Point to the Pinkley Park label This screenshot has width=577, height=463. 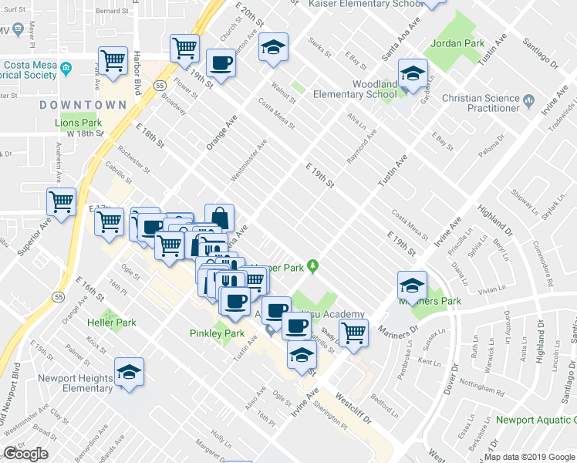tap(216, 333)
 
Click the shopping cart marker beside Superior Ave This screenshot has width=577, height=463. tap(62, 202)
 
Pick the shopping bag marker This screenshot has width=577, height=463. tap(220, 217)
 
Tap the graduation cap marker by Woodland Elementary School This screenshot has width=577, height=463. tap(413, 74)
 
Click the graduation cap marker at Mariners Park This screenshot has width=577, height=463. tap(412, 286)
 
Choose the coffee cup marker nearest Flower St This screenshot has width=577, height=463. tap(221, 63)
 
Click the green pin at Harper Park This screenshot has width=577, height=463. tap(312, 267)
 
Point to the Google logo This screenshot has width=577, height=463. tap(25, 454)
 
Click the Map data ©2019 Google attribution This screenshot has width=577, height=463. tap(530, 457)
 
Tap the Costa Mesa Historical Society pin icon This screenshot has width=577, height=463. tap(66, 69)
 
